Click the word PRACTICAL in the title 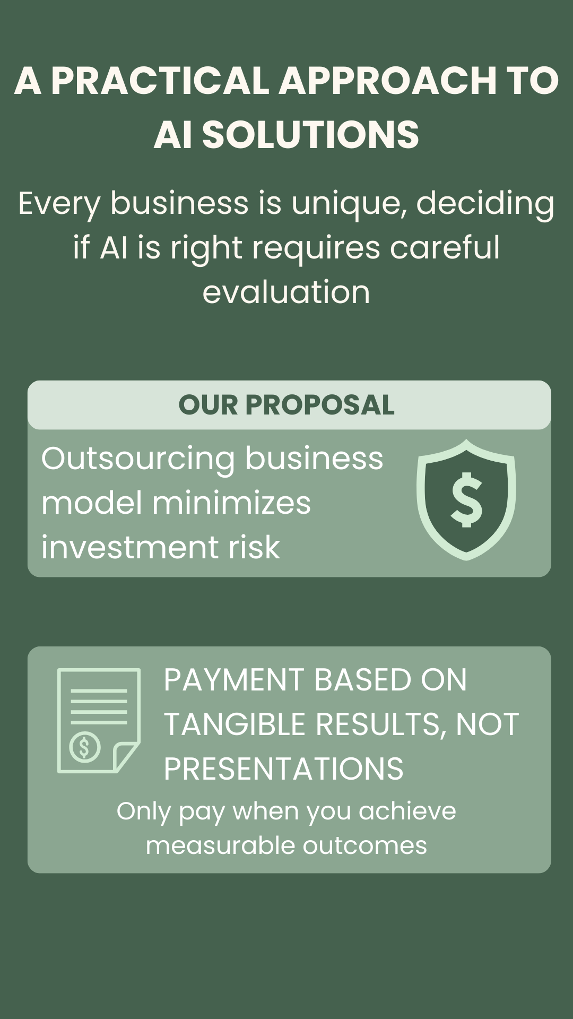tap(160, 81)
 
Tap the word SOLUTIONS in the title tap(310, 134)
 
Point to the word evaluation tap(286, 292)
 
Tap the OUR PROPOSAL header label tap(286, 405)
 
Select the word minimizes tap(231, 503)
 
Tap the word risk tap(254, 547)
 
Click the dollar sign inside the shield tap(466, 500)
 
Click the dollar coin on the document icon tap(85, 747)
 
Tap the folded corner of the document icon tap(125, 756)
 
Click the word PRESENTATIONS tap(283, 769)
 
